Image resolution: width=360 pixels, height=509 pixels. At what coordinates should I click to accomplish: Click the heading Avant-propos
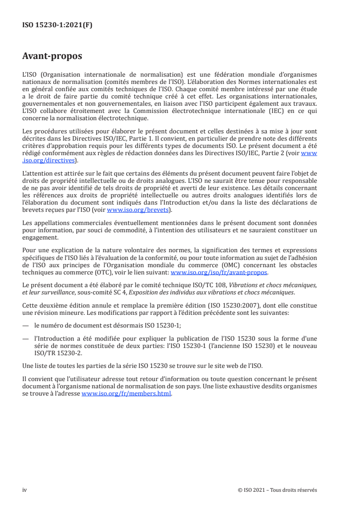tap(52, 57)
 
